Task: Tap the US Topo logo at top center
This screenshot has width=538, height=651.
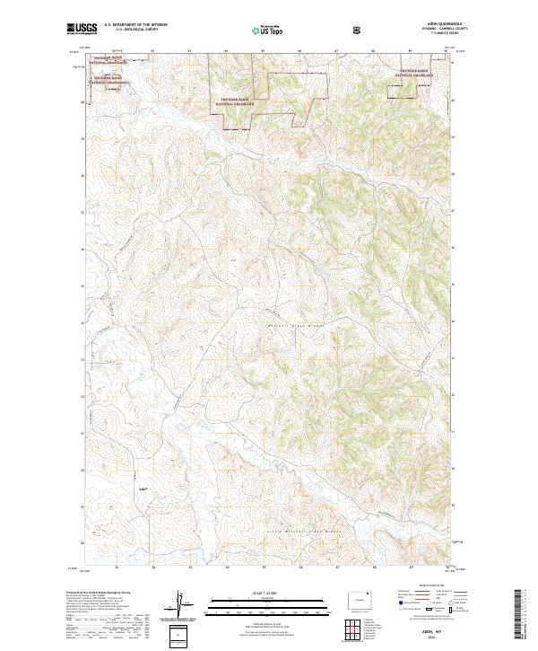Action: [268, 31]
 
